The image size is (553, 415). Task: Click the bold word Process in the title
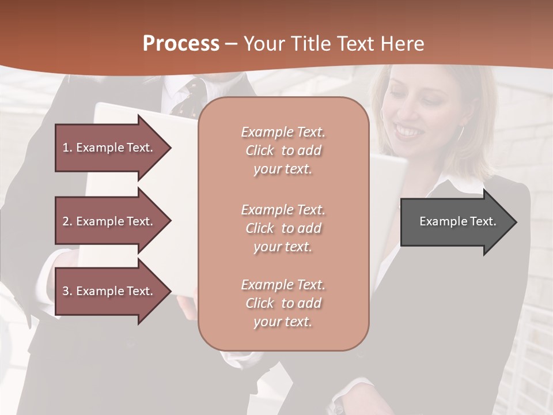click(181, 44)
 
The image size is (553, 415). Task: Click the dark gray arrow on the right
click(455, 221)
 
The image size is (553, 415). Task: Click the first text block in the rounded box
click(283, 150)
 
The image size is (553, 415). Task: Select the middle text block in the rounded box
click(283, 228)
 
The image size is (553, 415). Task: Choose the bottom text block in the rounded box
click(283, 303)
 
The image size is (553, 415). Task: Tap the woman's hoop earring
click(461, 133)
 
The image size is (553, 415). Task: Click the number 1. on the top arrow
click(67, 148)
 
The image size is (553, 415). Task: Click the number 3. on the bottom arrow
click(67, 291)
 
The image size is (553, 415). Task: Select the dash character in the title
click(232, 44)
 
